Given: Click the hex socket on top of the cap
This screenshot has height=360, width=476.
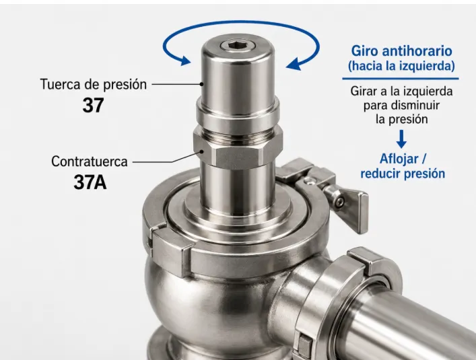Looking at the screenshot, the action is click(x=238, y=46).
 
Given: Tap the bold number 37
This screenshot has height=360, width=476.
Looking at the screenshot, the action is click(x=93, y=105).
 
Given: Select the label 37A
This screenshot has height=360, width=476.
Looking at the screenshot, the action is click(x=90, y=182).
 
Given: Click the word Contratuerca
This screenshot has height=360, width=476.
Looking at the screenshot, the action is click(x=90, y=161).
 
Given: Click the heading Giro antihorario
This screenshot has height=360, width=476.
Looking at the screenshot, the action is click(x=401, y=51).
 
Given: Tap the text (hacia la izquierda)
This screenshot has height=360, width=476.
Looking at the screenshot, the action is click(x=401, y=65).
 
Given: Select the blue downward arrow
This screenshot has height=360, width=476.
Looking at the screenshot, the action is click(x=401, y=139).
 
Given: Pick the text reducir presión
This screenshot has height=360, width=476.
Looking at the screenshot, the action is click(x=403, y=174).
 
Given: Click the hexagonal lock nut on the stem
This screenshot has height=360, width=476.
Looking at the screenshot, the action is click(x=238, y=147).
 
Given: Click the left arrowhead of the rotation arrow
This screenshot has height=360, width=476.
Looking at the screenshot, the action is click(x=184, y=61).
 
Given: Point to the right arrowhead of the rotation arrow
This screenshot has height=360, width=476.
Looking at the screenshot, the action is click(x=294, y=65).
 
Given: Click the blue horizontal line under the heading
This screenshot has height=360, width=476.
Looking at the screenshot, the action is click(x=401, y=79).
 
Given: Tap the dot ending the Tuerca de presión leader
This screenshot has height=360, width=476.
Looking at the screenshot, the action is click(x=201, y=84).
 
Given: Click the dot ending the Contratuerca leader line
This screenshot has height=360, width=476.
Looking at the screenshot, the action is click(x=201, y=151).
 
